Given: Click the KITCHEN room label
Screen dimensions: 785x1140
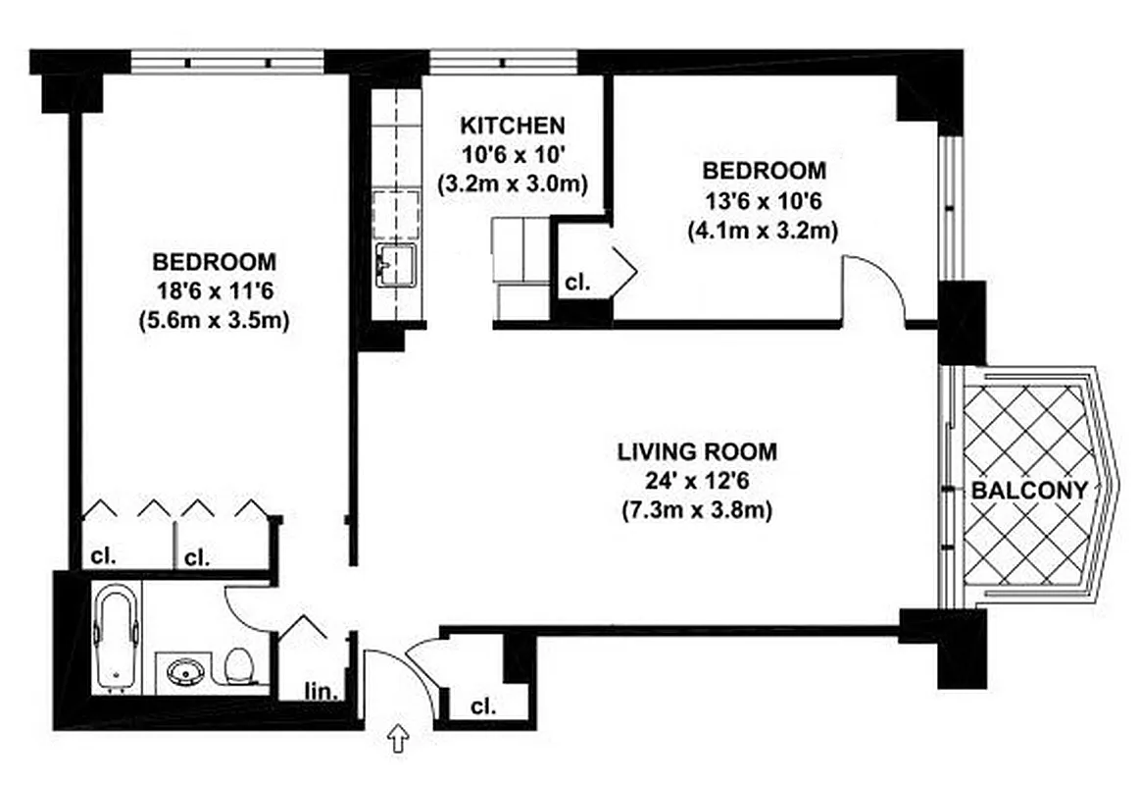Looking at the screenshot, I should pyautogui.click(x=512, y=126).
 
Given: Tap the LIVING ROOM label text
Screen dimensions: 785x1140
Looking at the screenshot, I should pyautogui.click(x=696, y=452).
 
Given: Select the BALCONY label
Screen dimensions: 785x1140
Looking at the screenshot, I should pyautogui.click(x=1028, y=491).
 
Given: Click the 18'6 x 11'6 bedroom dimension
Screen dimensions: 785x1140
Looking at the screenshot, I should pyautogui.click(x=214, y=291).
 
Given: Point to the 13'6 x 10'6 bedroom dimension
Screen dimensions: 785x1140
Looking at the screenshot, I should pyautogui.click(x=763, y=200).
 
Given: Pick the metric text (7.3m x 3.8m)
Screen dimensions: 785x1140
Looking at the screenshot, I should pyautogui.click(x=696, y=510).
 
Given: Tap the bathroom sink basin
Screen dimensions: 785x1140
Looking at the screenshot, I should pyautogui.click(x=185, y=672).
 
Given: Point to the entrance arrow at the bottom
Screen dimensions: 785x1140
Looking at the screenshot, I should pyautogui.click(x=399, y=739).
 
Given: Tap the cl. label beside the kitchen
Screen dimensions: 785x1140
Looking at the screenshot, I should pyautogui.click(x=577, y=284).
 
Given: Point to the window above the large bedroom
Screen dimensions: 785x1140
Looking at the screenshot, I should pyautogui.click(x=227, y=62).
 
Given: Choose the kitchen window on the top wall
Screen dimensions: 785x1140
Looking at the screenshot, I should pyautogui.click(x=504, y=62).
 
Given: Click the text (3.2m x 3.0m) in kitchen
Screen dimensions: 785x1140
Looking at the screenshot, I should pyautogui.click(x=512, y=183).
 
